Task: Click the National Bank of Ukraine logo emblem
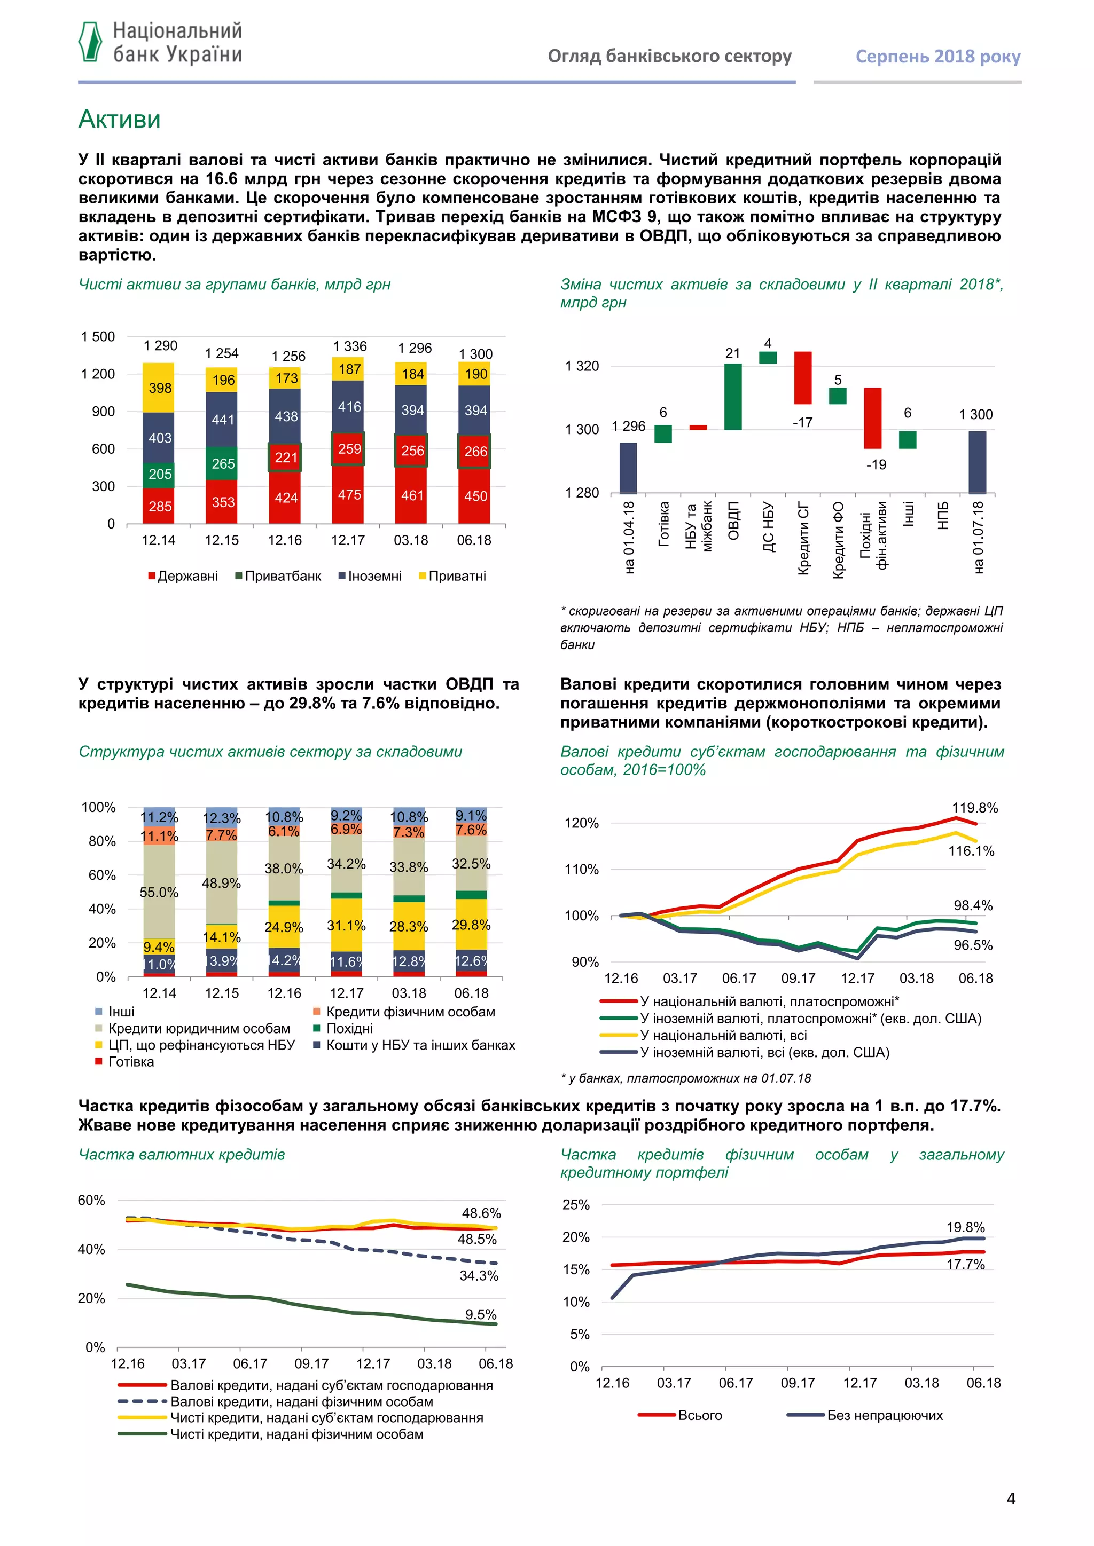[x=90, y=42]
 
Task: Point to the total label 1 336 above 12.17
[x=350, y=346]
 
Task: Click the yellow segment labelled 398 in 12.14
[x=159, y=388]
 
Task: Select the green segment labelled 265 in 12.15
[x=222, y=463]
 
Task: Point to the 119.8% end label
[x=974, y=808]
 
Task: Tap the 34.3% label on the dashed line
[x=479, y=1275]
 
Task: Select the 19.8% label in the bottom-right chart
[x=965, y=1227]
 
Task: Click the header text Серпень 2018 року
[x=937, y=57]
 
